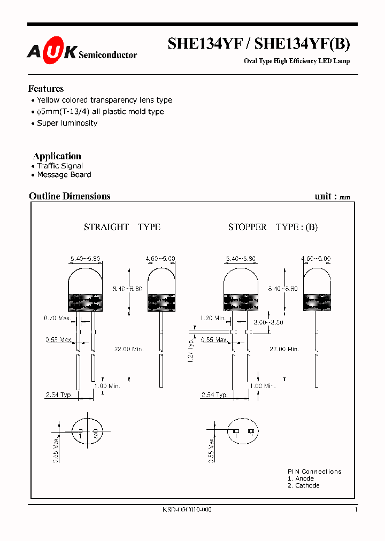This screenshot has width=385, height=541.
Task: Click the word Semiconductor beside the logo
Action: [x=107, y=55]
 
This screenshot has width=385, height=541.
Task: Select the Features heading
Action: [x=46, y=89]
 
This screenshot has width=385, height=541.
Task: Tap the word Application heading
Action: [x=57, y=156]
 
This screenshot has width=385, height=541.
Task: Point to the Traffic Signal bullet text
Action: [x=60, y=166]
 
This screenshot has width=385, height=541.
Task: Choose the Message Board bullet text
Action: [x=64, y=175]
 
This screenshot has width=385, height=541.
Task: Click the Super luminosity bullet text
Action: [x=67, y=123]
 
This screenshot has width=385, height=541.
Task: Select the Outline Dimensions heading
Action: [x=70, y=196]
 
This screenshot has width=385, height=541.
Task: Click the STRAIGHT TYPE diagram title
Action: [x=122, y=227]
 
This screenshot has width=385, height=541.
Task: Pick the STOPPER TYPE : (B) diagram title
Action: [x=273, y=227]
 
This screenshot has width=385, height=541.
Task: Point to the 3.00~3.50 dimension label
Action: [x=268, y=323]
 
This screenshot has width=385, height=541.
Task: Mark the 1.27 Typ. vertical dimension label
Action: [x=191, y=350]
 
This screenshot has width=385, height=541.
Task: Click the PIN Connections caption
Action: [x=314, y=472]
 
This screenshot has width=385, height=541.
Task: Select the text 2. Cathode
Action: [x=304, y=485]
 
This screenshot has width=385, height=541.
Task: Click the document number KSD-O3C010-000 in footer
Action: [x=187, y=509]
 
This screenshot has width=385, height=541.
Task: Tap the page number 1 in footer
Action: [x=356, y=509]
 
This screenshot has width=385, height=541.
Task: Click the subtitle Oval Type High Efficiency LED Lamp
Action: [x=297, y=61]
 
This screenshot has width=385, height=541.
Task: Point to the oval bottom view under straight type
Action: [x=87, y=431]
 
